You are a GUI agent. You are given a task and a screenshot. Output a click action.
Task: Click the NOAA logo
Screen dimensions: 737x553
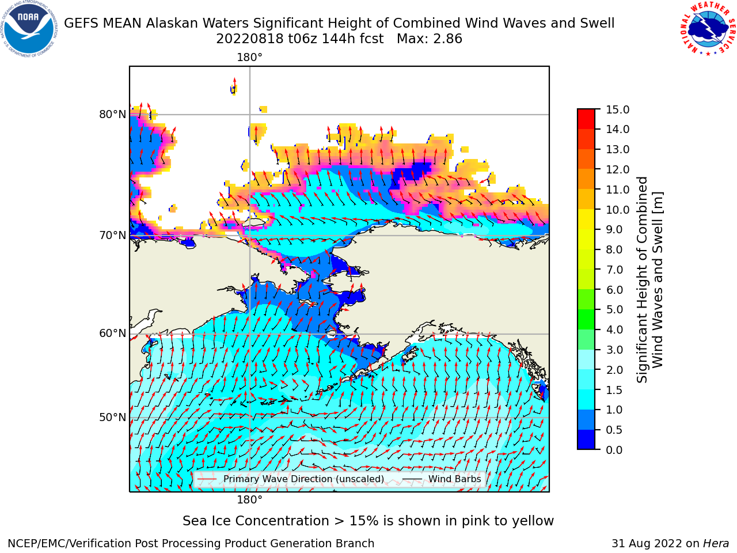(29, 29)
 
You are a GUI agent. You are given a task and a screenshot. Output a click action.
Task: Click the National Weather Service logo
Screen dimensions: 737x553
(708, 28)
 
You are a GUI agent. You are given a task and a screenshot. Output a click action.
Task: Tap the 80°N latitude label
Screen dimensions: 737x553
(112, 115)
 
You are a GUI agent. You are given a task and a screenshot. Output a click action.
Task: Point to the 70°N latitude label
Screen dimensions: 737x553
(112, 236)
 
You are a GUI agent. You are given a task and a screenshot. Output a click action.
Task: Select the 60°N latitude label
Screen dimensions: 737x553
(112, 334)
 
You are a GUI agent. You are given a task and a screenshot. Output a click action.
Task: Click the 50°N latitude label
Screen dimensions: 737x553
(112, 418)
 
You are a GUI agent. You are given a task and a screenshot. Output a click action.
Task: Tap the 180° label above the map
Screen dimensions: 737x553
(249, 58)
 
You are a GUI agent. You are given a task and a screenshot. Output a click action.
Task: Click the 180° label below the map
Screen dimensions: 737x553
(249, 500)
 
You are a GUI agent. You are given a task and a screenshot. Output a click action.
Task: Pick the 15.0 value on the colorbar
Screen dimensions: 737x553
(617, 109)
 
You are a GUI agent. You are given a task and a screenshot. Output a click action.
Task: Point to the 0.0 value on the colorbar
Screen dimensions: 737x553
(614, 450)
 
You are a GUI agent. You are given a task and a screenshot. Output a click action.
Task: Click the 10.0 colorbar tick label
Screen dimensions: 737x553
(617, 210)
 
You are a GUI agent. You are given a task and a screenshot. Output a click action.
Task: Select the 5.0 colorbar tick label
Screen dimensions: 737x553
(614, 309)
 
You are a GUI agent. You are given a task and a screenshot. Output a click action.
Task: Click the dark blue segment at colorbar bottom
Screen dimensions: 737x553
(586, 440)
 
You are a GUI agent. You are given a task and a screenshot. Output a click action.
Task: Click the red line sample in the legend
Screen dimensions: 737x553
(207, 479)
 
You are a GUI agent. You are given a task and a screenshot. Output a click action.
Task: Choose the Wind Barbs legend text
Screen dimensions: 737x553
(455, 479)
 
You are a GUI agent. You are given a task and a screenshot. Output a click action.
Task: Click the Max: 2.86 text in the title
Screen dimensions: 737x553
(430, 39)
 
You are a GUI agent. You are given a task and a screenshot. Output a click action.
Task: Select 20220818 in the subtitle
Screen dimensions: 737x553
(250, 39)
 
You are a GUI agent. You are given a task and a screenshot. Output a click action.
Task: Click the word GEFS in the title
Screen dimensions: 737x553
(81, 24)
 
